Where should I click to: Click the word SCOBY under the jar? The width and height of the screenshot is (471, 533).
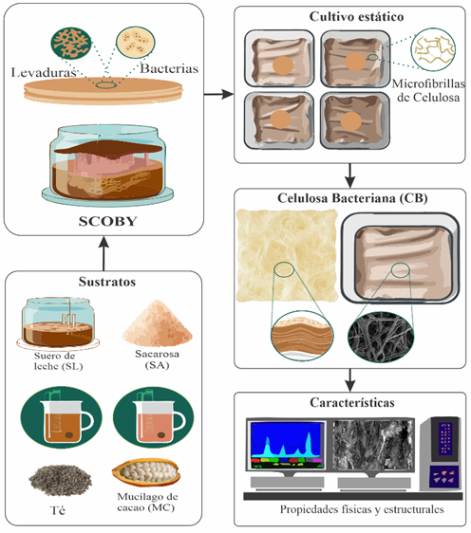(107, 221)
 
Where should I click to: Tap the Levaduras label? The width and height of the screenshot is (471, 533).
(44, 72)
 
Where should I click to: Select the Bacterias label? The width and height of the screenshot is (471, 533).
(169, 68)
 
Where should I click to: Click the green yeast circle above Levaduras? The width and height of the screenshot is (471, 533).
(71, 44)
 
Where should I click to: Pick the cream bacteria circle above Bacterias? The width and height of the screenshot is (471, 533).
(136, 42)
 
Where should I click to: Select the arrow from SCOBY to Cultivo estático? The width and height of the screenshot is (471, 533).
(218, 94)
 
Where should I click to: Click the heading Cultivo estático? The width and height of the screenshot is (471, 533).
(356, 17)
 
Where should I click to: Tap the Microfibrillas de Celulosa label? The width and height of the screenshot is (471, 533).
(428, 90)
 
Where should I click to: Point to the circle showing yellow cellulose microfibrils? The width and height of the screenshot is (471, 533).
(433, 49)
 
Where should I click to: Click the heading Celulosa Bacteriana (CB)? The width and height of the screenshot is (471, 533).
(352, 198)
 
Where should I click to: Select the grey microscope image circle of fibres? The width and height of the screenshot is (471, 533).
(381, 337)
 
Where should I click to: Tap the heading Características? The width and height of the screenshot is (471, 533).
(352, 402)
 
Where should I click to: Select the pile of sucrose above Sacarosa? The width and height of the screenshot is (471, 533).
(158, 322)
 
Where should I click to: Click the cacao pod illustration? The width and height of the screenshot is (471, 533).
(145, 471)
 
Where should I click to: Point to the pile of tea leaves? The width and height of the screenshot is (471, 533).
(60, 480)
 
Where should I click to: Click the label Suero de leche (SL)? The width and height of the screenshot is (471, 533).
(59, 361)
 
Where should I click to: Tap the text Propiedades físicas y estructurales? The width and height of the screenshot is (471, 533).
(362, 509)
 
